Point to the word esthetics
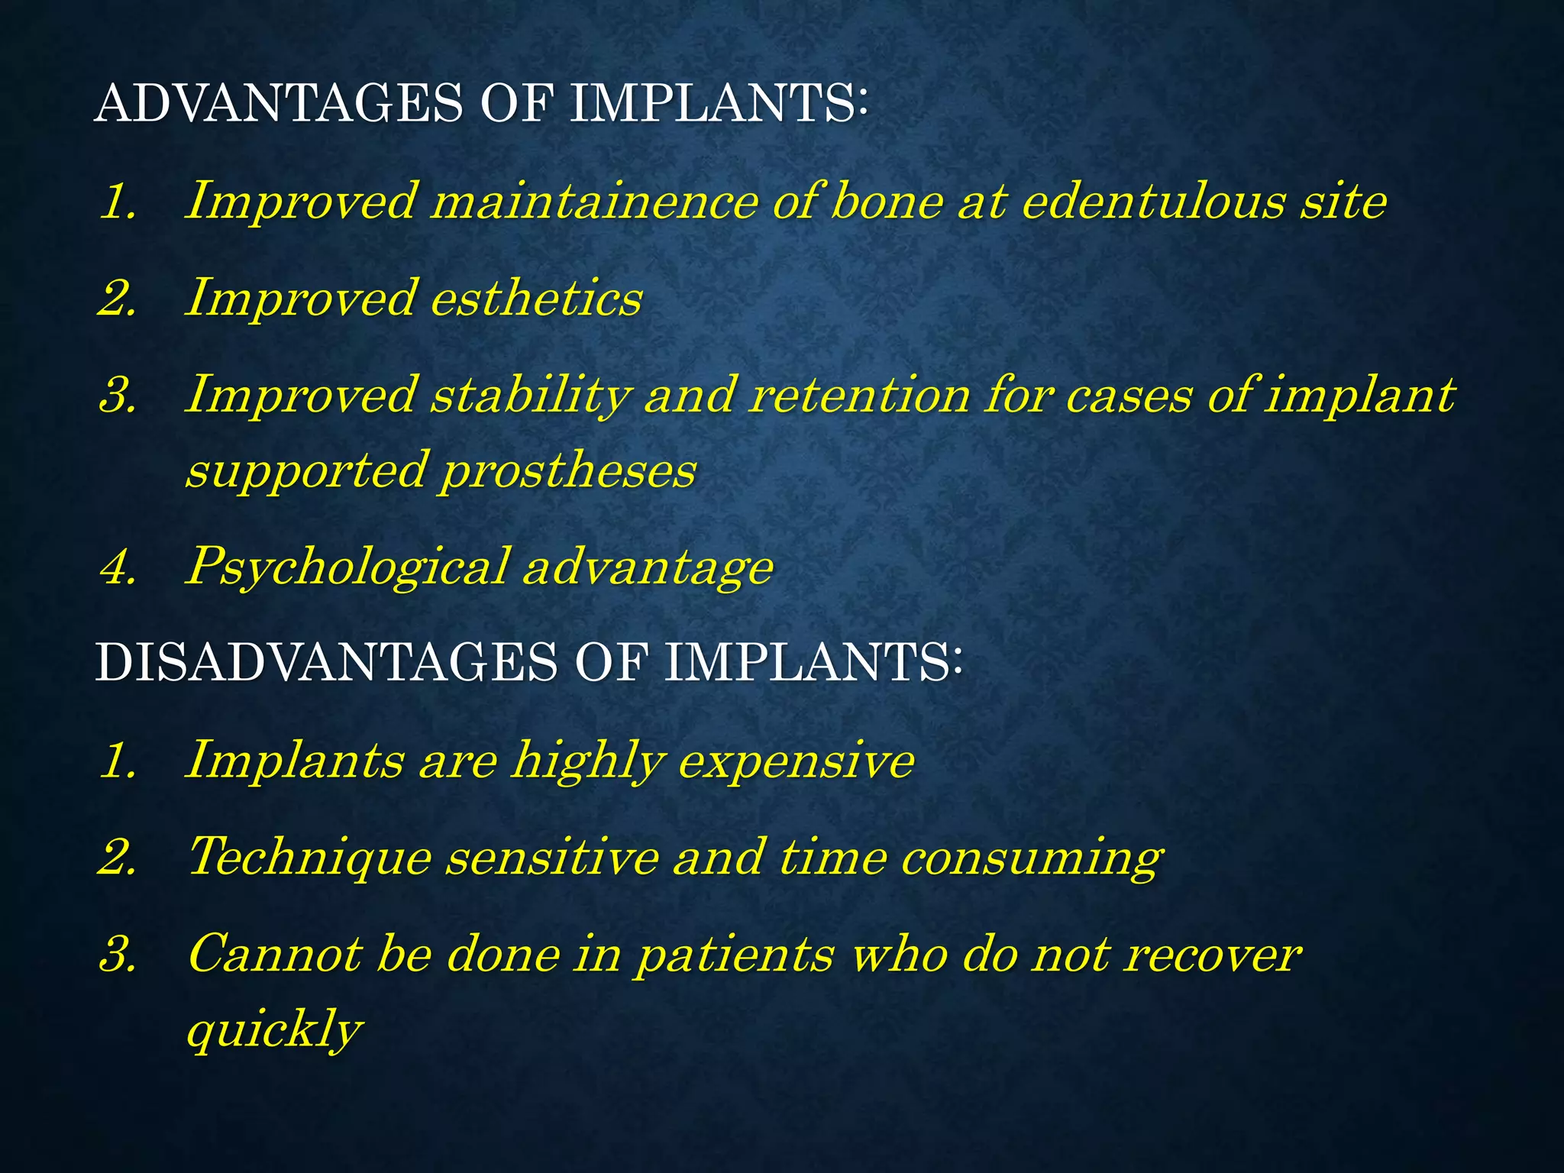[536, 298]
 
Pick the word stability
[530, 396]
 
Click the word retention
[860, 396]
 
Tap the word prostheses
[568, 470]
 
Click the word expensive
[796, 761]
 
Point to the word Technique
[309, 857]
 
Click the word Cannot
[274, 955]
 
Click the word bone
[887, 202]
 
